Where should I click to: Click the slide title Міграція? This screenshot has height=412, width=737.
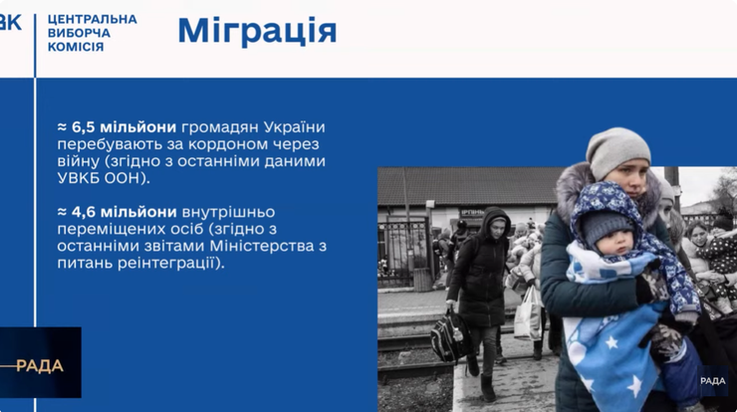(257, 32)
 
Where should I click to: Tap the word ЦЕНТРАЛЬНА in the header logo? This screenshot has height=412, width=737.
(92, 19)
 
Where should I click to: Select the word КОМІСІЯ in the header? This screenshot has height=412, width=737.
(76, 47)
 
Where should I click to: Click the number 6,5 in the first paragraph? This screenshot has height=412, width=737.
(84, 127)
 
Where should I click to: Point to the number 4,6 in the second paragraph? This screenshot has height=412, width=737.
(84, 212)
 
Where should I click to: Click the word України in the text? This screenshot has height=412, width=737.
(294, 127)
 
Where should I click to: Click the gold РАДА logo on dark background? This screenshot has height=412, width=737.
(40, 366)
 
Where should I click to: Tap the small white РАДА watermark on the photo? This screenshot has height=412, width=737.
(712, 380)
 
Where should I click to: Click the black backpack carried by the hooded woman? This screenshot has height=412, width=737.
(450, 336)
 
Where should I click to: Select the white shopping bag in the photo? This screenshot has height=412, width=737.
(528, 312)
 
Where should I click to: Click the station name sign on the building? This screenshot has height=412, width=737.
(471, 213)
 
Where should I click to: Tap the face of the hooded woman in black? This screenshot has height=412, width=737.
(498, 228)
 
